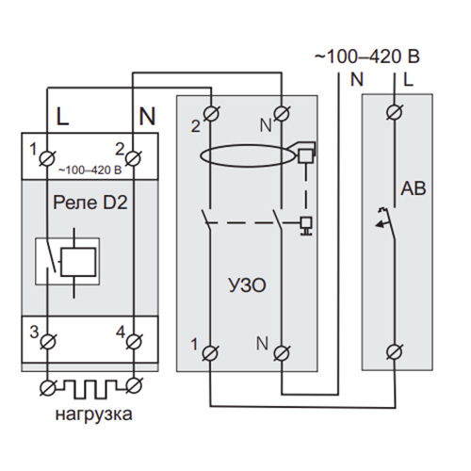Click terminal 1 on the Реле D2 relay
click(47, 157)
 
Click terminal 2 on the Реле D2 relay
click(133, 157)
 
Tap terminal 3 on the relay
click(47, 341)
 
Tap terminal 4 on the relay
click(134, 341)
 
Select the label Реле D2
click(90, 203)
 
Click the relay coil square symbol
click(78, 262)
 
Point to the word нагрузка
click(93, 414)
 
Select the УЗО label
click(247, 285)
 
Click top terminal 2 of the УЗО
click(211, 113)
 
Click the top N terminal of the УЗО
click(282, 113)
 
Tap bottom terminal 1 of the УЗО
click(210, 353)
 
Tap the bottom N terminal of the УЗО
click(282, 353)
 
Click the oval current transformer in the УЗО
click(248, 155)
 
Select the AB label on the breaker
click(414, 188)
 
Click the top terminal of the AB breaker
click(395, 113)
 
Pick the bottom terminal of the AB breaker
click(395, 352)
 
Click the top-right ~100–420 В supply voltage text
click(367, 57)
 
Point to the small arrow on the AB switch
click(382, 224)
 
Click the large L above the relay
click(62, 117)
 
